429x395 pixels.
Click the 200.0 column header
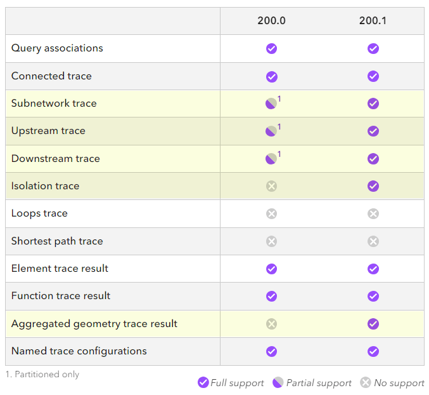[x=271, y=20]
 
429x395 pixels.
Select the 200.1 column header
[x=373, y=20]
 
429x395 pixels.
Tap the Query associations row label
[x=57, y=48]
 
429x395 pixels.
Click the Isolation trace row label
[x=45, y=186]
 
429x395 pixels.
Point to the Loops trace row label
[x=39, y=213]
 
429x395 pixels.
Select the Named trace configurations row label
[x=79, y=351]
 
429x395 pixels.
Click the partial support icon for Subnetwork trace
[x=271, y=104]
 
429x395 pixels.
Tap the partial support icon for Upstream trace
[x=271, y=131]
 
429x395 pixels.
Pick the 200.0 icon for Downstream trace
[x=271, y=159]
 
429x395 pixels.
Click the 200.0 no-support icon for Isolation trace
[x=271, y=186]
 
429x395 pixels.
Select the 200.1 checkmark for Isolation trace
[x=373, y=186]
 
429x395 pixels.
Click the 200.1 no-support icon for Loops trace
[x=373, y=213]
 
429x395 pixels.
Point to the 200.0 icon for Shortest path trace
[x=271, y=241]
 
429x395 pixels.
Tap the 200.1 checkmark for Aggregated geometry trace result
[x=373, y=324]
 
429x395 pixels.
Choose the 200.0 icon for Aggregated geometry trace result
[x=271, y=324]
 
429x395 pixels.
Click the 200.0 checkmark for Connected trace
[x=271, y=76]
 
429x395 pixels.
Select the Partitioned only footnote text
[x=42, y=375]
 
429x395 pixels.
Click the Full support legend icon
[x=203, y=382]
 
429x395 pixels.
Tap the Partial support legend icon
[x=278, y=382]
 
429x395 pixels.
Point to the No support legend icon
[x=366, y=382]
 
